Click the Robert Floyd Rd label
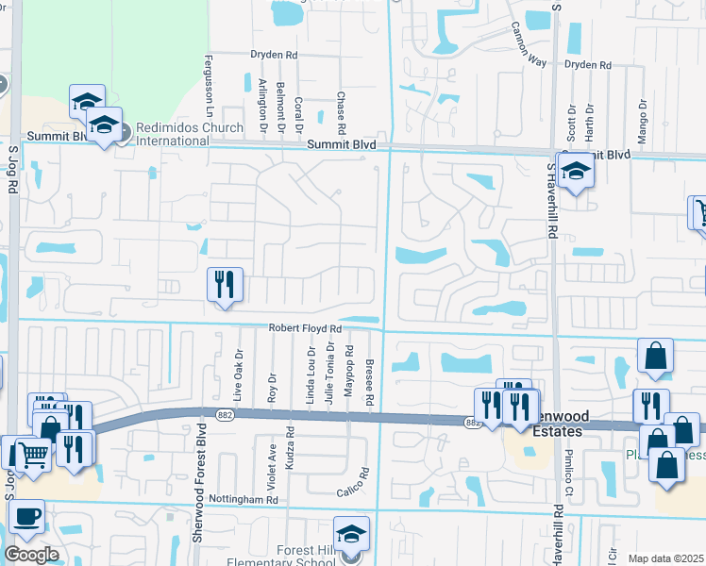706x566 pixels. click(x=303, y=327)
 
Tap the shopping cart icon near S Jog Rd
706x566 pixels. click(x=34, y=455)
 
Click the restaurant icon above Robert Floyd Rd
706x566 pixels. click(x=225, y=285)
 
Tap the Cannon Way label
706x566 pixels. click(x=529, y=45)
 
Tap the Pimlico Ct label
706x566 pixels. click(x=569, y=473)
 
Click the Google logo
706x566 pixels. click(x=31, y=555)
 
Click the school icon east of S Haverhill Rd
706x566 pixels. click(x=574, y=174)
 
